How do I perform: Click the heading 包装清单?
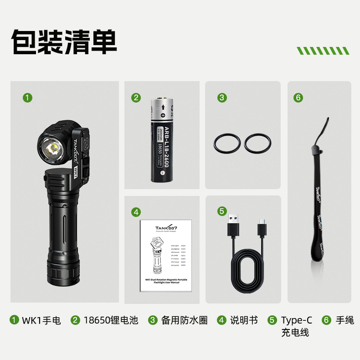[64, 42]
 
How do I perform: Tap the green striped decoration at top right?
[323, 51]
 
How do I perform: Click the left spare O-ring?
[226, 144]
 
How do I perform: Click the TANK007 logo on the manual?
[166, 229]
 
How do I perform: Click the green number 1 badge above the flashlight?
[28, 97]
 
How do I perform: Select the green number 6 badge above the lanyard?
[298, 97]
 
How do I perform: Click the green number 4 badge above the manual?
[136, 211]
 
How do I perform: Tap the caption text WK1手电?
[41, 320]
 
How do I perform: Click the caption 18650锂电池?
[111, 320]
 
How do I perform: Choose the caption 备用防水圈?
[184, 320]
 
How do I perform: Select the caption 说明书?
[244, 320]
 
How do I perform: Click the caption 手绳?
[345, 320]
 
